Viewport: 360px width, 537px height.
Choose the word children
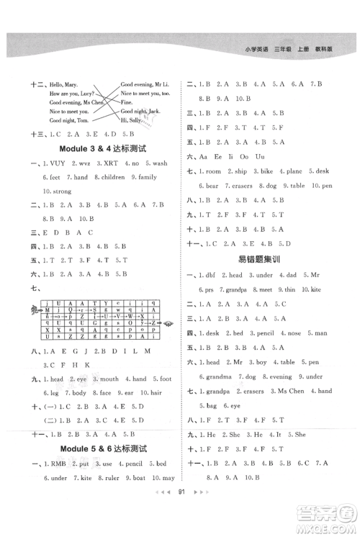coord(111,176)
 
